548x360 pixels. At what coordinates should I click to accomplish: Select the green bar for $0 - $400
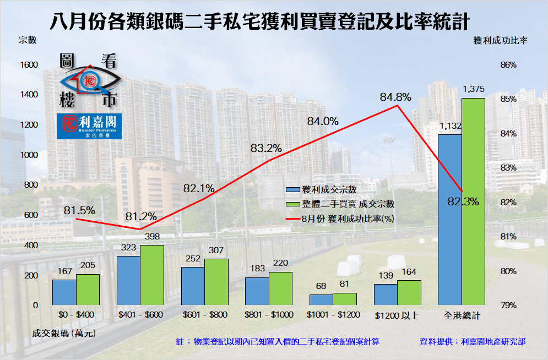88,290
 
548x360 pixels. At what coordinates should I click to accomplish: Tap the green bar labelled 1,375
473,201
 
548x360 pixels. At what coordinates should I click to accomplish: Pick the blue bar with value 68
321,299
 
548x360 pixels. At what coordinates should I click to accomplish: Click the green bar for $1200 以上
409,292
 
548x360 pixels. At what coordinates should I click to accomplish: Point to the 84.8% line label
395,97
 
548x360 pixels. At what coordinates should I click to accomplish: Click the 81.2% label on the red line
140,216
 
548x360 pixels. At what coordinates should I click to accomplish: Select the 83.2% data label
266,148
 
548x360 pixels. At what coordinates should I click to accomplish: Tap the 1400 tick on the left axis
29,95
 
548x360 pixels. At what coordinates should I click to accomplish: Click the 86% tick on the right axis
508,64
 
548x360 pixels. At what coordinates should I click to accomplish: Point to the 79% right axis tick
508,305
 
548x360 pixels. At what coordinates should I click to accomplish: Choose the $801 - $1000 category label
268,316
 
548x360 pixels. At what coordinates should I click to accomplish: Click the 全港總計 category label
462,316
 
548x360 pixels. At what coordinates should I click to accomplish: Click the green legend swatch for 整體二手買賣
292,204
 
